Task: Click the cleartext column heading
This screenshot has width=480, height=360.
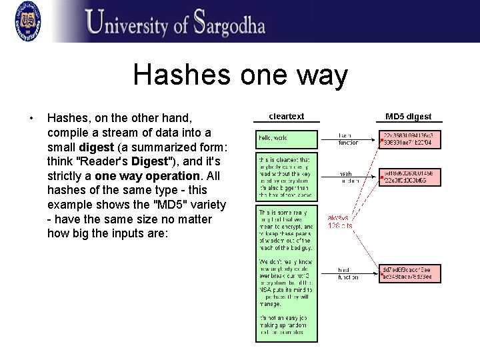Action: tap(286, 117)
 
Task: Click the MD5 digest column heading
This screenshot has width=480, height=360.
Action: tap(408, 117)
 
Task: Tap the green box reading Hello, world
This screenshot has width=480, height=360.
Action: tap(287, 138)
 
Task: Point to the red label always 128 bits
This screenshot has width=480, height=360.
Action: tap(340, 221)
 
